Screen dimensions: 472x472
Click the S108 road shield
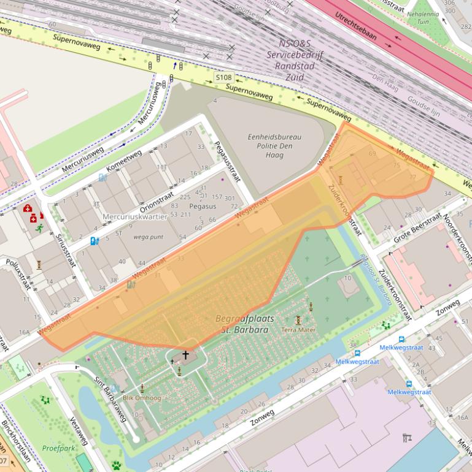click(223, 78)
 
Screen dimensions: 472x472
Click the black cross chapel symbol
click(185, 355)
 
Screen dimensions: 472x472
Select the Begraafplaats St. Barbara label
click(245, 324)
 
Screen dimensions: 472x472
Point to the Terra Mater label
click(298, 330)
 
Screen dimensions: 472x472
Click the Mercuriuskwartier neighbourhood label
click(135, 216)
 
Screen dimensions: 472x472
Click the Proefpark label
click(58, 448)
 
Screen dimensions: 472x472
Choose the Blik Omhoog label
click(142, 397)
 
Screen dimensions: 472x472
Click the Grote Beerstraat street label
click(417, 227)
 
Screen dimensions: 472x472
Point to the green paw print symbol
click(116, 465)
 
